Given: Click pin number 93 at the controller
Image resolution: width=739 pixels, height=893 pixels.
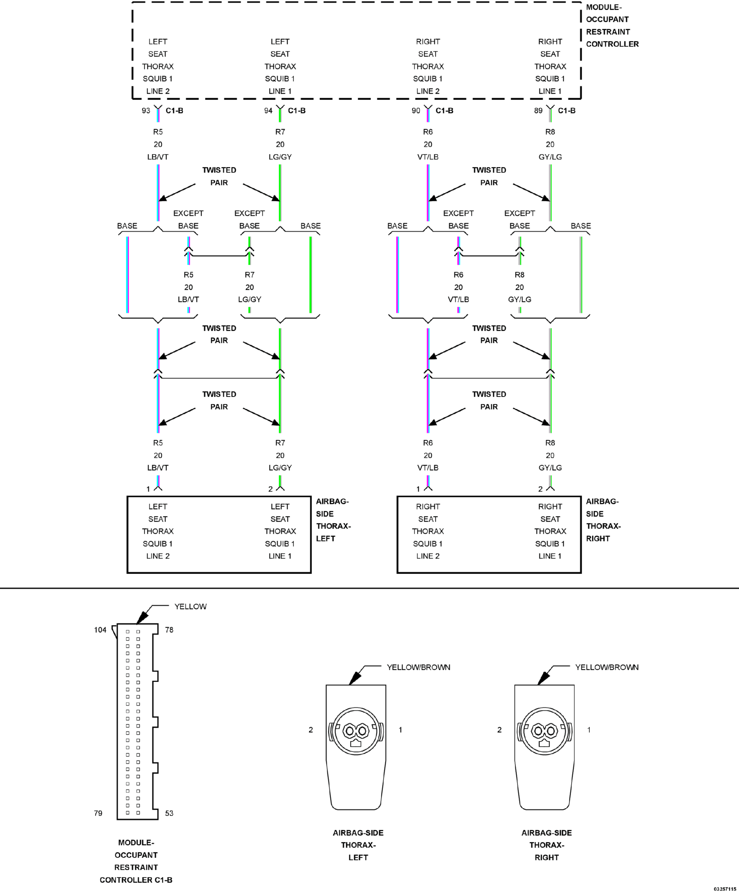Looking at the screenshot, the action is [x=146, y=111].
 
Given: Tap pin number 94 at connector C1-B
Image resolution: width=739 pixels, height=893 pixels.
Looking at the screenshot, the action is [x=268, y=111].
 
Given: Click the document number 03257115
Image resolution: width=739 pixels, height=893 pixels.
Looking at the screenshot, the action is [x=725, y=889].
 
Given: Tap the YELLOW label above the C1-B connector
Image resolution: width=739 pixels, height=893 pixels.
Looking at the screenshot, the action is [x=190, y=606].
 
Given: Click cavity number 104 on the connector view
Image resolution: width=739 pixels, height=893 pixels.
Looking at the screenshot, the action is [x=100, y=630].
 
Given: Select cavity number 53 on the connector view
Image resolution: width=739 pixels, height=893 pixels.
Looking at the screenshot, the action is [x=169, y=813].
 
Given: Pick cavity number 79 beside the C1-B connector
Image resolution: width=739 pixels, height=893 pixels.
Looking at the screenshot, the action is [x=98, y=813].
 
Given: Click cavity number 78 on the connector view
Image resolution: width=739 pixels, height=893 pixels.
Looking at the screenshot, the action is [x=169, y=630].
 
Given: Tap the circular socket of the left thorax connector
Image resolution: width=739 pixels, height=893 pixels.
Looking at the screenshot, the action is [x=356, y=731].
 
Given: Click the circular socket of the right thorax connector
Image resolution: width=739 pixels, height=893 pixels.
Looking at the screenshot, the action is [x=545, y=731].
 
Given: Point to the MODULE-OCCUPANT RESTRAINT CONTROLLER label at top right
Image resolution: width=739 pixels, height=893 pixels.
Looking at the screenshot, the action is [x=612, y=26].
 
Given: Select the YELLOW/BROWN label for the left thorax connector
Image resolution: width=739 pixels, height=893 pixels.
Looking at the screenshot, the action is [x=418, y=667].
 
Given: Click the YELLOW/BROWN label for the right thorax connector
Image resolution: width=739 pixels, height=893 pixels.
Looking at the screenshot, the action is [x=607, y=667].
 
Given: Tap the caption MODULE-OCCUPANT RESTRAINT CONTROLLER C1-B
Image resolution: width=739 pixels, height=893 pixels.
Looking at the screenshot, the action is [x=136, y=861].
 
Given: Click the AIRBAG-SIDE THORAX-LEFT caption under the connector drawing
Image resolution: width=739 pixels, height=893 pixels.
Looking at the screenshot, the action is [x=358, y=845].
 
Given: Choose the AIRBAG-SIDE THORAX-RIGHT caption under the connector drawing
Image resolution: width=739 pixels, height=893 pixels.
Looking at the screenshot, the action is [x=547, y=845].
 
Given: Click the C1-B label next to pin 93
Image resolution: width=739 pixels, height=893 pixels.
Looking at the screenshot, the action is [x=174, y=111].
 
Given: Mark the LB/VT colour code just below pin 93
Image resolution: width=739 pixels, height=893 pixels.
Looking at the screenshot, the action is [x=158, y=157].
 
